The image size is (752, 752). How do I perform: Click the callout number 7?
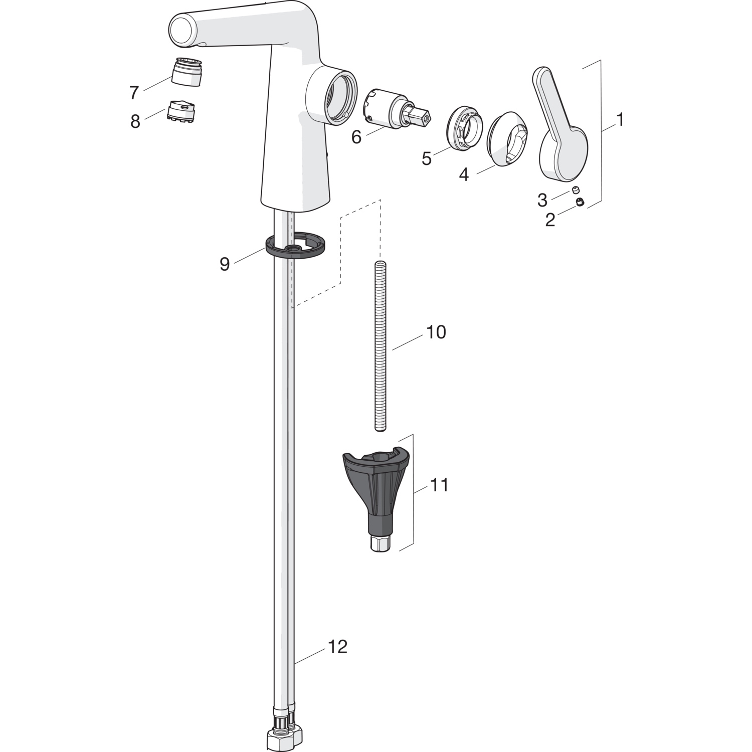pyautogui.click(x=133, y=93)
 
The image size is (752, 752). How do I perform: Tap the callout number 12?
pyautogui.click(x=337, y=647)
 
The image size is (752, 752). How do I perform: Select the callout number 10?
pyautogui.click(x=436, y=332)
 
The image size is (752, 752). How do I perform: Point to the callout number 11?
pyautogui.click(x=439, y=485)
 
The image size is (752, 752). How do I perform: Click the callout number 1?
pyautogui.click(x=620, y=119)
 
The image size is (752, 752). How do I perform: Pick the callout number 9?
pyautogui.click(x=225, y=264)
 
